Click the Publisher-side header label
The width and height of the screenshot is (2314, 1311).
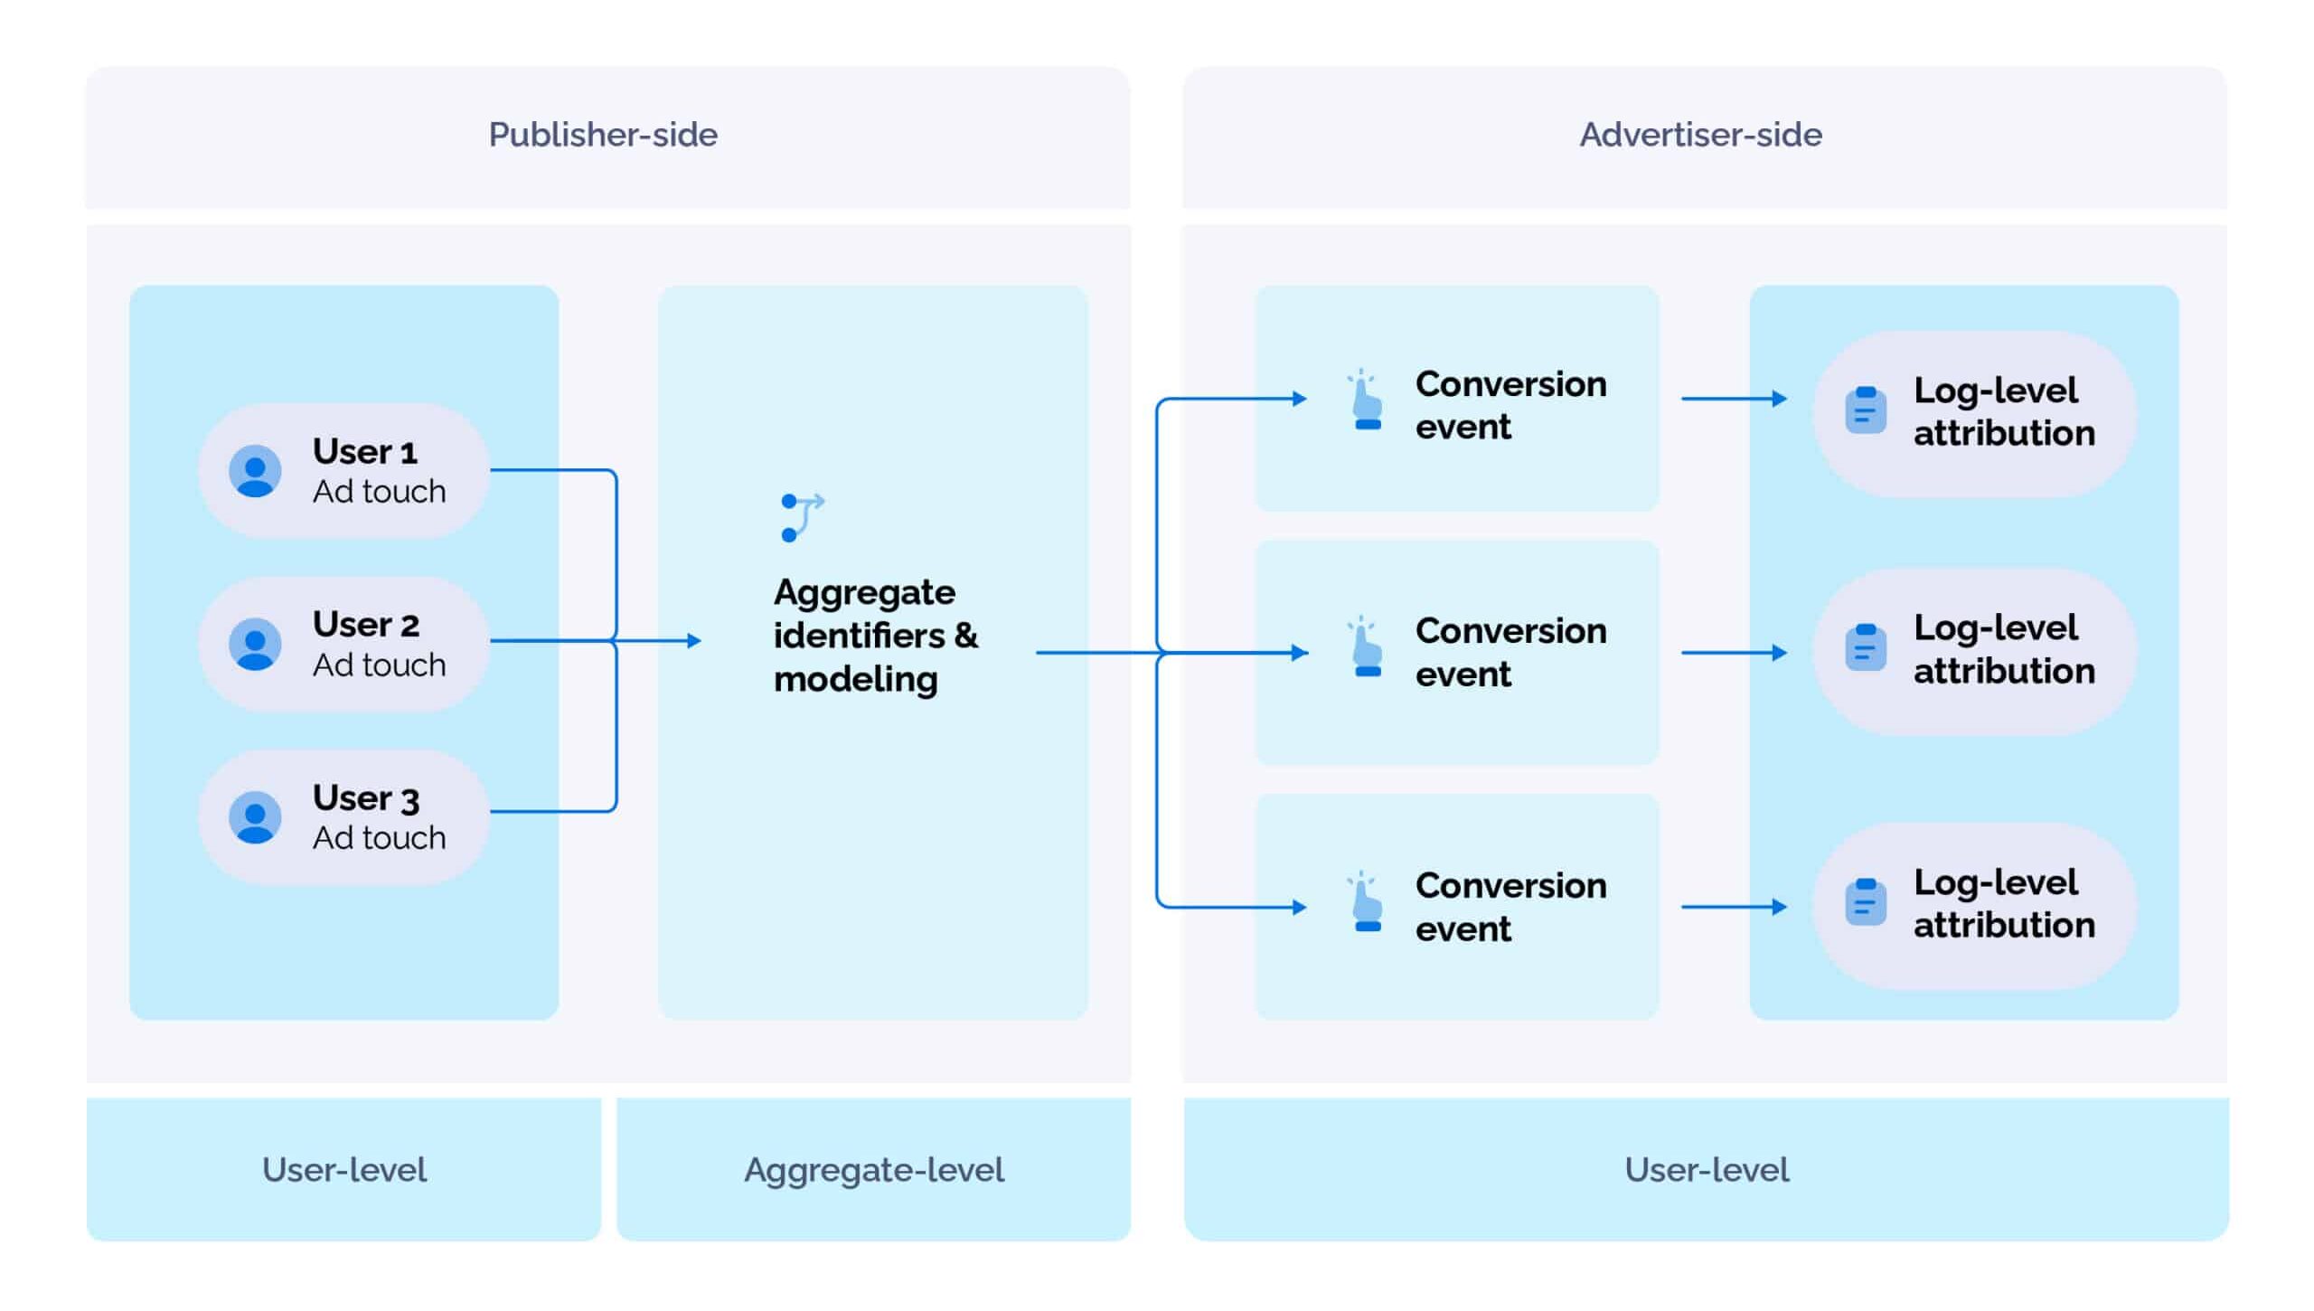pyautogui.click(x=603, y=135)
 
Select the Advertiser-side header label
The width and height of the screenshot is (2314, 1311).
pyautogui.click(x=1700, y=135)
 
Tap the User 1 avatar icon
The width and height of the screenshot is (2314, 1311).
pyautogui.click(x=255, y=471)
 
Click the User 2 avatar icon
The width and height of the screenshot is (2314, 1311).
pyautogui.click(x=255, y=644)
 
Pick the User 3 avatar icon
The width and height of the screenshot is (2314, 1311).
pyautogui.click(x=255, y=817)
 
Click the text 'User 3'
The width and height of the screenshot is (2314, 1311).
pyautogui.click(x=365, y=798)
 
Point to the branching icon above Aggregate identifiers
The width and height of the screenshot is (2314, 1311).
pyautogui.click(x=801, y=517)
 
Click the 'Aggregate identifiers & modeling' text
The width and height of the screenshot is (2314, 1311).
pyautogui.click(x=874, y=636)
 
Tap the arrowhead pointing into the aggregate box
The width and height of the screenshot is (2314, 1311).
pyautogui.click(x=694, y=641)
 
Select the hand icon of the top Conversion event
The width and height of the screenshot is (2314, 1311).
pyautogui.click(x=1366, y=401)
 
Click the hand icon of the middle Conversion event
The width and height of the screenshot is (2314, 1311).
pyautogui.click(x=1366, y=647)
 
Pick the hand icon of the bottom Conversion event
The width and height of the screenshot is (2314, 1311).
pyautogui.click(x=1366, y=902)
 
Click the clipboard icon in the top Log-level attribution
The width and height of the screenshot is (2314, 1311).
pyautogui.click(x=1865, y=410)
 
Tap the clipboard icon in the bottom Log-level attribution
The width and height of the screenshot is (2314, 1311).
pyautogui.click(x=1865, y=901)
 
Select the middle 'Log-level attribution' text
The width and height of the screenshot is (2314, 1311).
pyautogui.click(x=2003, y=649)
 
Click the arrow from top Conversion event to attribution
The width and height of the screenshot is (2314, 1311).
pyautogui.click(x=1733, y=399)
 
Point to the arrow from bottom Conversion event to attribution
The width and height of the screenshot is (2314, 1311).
pyautogui.click(x=1733, y=907)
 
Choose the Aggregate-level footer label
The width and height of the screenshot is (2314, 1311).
pyautogui.click(x=873, y=1170)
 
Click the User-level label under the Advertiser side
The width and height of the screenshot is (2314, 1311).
pyautogui.click(x=1706, y=1170)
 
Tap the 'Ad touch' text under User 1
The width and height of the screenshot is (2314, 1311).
pyautogui.click(x=379, y=492)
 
